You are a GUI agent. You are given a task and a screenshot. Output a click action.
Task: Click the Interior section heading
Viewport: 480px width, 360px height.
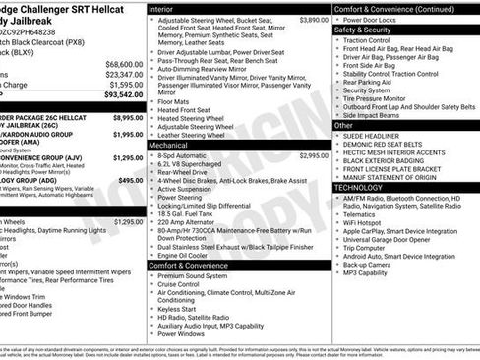pyautogui.click(x=160, y=8)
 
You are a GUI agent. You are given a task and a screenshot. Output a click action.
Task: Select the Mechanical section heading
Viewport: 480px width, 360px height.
pyautogui.click(x=168, y=145)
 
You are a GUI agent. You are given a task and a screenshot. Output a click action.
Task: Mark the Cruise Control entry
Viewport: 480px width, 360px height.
pyautogui.click(x=185, y=285)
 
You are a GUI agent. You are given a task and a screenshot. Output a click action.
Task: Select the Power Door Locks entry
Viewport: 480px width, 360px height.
pyautogui.click(x=374, y=20)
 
